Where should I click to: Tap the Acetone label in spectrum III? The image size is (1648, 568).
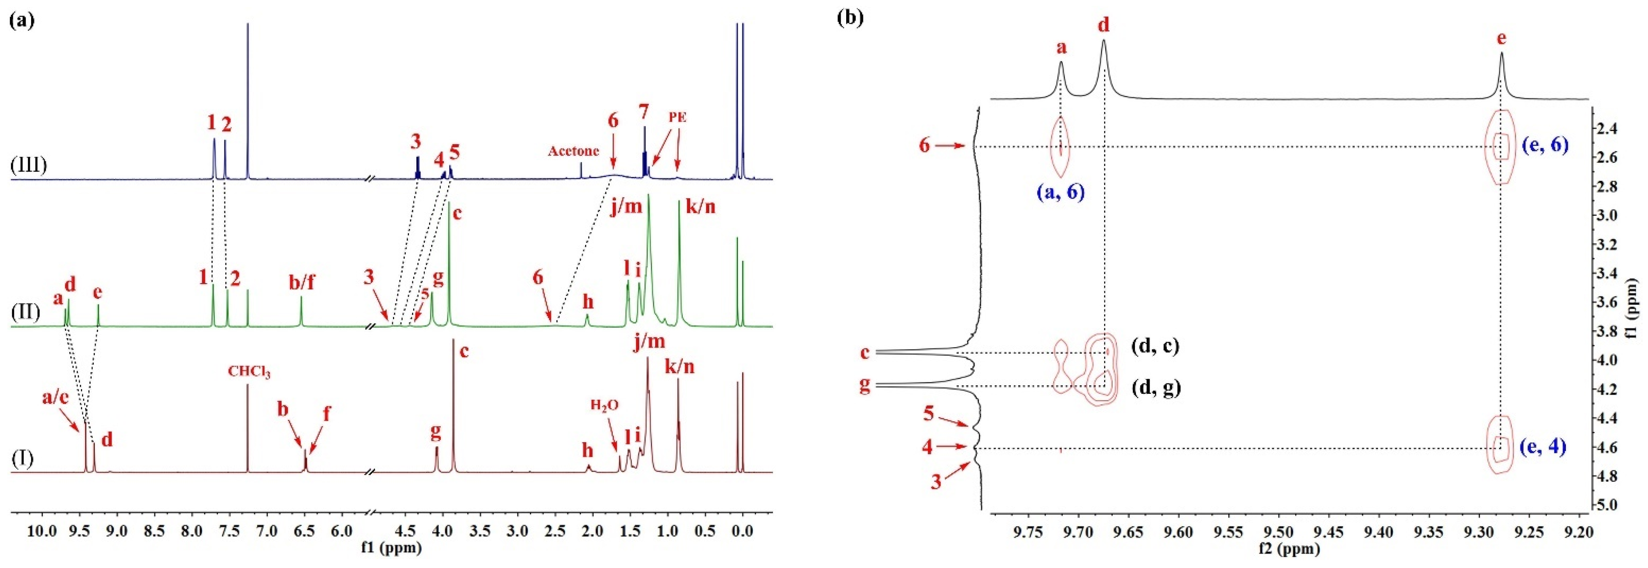(573, 151)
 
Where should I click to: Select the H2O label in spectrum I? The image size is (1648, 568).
(604, 405)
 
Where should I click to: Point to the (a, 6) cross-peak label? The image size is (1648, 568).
(1061, 192)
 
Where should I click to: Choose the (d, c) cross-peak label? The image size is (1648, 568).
(1155, 346)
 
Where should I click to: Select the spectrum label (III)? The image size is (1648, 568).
(29, 164)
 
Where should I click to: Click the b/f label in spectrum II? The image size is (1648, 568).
(302, 282)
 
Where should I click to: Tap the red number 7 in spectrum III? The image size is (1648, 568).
(643, 113)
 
